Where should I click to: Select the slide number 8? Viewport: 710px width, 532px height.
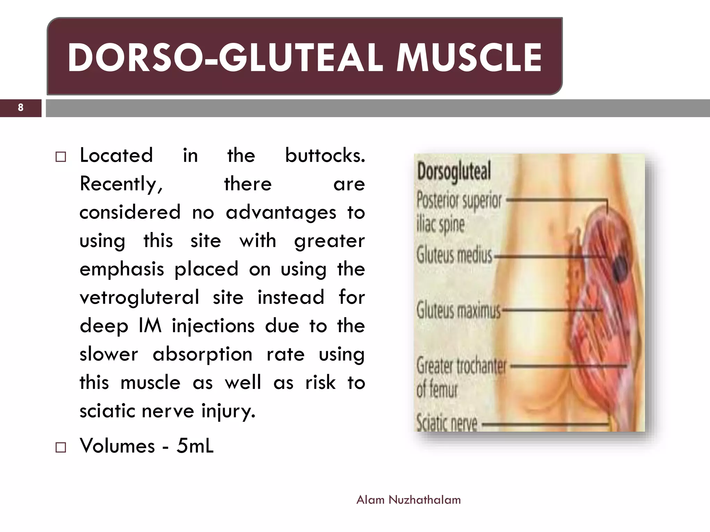pyautogui.click(x=20, y=107)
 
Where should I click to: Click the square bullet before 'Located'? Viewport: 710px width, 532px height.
pyautogui.click(x=61, y=157)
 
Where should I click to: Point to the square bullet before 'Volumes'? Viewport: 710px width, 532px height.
pyautogui.click(x=61, y=447)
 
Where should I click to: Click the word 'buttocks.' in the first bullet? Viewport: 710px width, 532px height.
pyautogui.click(x=325, y=155)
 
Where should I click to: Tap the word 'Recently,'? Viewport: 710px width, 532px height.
pyautogui.click(x=121, y=184)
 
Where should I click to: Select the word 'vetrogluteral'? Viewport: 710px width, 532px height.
pyautogui.click(x=139, y=297)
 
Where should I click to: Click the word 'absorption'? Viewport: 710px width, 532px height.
pyautogui.click(x=202, y=354)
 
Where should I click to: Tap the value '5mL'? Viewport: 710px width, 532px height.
pyautogui.click(x=195, y=445)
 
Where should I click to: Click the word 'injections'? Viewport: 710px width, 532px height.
pyautogui.click(x=213, y=326)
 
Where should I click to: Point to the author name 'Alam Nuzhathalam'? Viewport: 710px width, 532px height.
pyautogui.click(x=408, y=500)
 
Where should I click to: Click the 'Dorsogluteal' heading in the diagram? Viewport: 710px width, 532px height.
pyautogui.click(x=454, y=171)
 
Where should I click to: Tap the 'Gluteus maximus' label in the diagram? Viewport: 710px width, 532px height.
pyautogui.click(x=458, y=310)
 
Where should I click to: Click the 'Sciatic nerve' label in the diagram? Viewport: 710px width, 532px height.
pyautogui.click(x=447, y=423)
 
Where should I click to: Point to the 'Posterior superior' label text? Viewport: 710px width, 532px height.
pyautogui.click(x=459, y=200)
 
